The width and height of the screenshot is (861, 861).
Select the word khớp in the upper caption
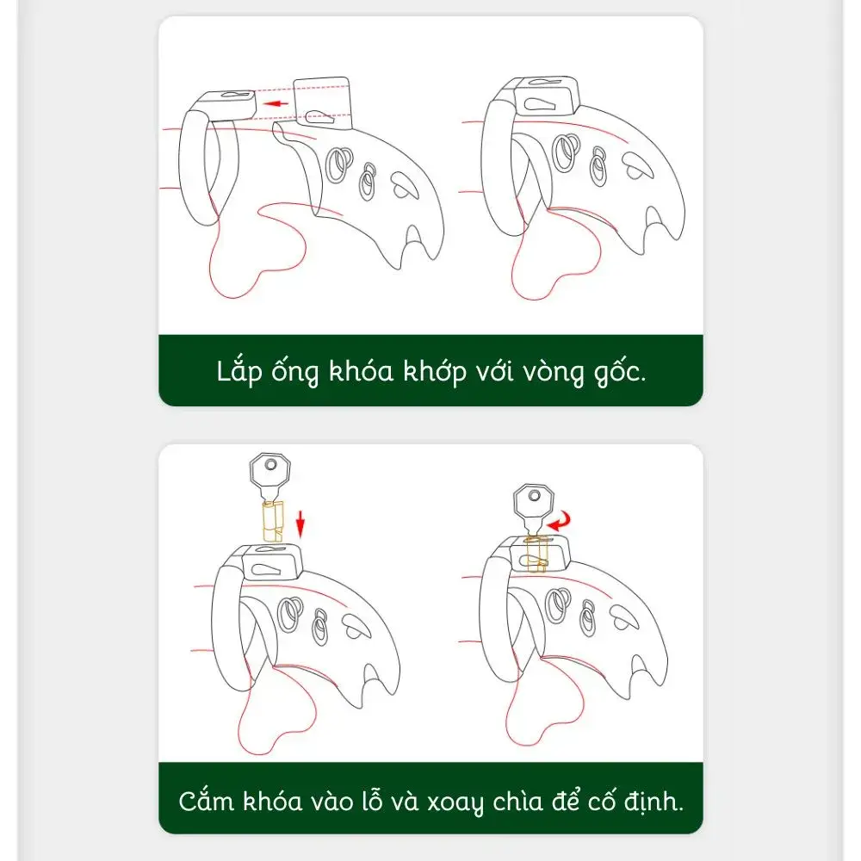point(434,372)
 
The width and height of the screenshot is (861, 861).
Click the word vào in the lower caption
point(332,802)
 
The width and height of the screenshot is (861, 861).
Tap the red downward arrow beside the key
point(300,524)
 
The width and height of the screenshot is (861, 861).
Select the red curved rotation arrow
point(561,520)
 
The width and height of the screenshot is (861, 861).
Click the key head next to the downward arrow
point(269,471)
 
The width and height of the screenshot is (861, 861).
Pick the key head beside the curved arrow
point(533,501)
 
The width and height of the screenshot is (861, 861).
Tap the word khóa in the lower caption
point(272,800)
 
